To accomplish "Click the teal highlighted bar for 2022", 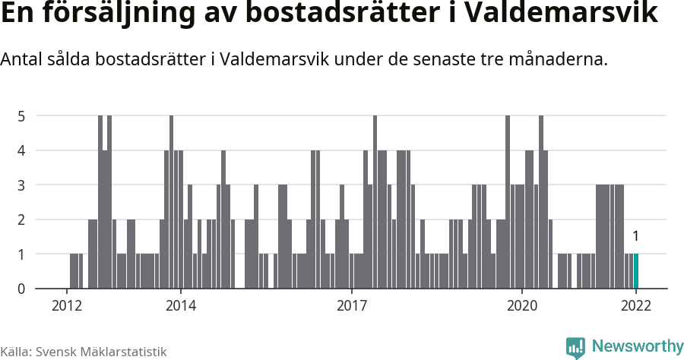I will (636, 271).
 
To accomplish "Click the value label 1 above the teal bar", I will (636, 236).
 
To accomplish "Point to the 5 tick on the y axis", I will (22, 116).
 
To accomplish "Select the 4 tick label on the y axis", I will (22, 150).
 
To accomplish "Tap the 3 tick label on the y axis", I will (22, 185).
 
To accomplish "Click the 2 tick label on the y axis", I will (22, 219).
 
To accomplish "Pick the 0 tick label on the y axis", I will (22, 289).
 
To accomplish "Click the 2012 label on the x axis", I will (67, 306).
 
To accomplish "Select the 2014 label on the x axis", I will (181, 306).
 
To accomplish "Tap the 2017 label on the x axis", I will (352, 306).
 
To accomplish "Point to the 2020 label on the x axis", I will (523, 306).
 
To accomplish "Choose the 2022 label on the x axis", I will (636, 306).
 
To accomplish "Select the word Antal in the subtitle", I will (22, 59).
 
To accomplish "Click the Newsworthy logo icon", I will (575, 347).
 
